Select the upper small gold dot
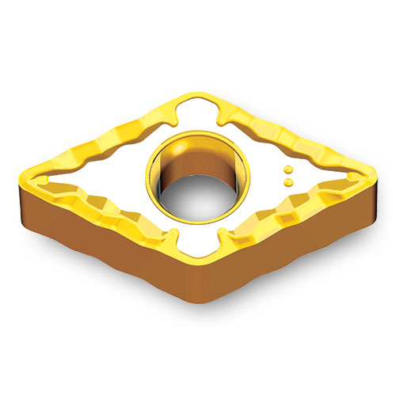tap(288, 169)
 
